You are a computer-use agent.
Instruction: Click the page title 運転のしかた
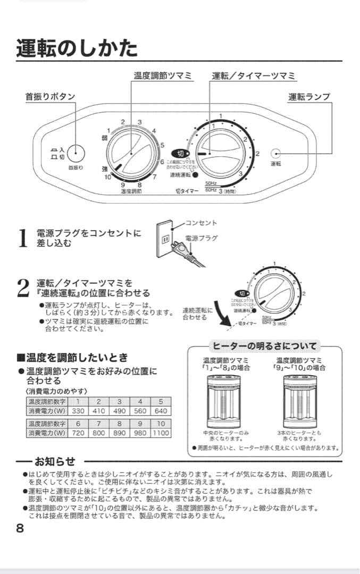(x=77, y=48)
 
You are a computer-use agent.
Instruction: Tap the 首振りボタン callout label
(x=50, y=97)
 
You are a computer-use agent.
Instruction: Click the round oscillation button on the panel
(x=76, y=154)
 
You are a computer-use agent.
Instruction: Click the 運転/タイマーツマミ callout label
(x=254, y=76)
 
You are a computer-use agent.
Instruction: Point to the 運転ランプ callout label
(x=309, y=97)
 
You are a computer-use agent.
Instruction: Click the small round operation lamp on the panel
(x=275, y=154)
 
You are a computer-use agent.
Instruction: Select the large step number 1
(x=22, y=238)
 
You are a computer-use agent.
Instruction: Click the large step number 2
(x=22, y=288)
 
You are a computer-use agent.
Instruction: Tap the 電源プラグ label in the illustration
(x=201, y=238)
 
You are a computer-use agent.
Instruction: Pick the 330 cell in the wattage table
(x=78, y=411)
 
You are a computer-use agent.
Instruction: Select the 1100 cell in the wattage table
(x=161, y=433)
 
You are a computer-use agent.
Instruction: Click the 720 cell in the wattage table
(x=78, y=433)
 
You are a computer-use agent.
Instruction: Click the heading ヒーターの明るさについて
(x=264, y=346)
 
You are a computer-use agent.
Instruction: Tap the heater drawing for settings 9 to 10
(x=300, y=402)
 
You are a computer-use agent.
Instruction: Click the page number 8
(x=20, y=528)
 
